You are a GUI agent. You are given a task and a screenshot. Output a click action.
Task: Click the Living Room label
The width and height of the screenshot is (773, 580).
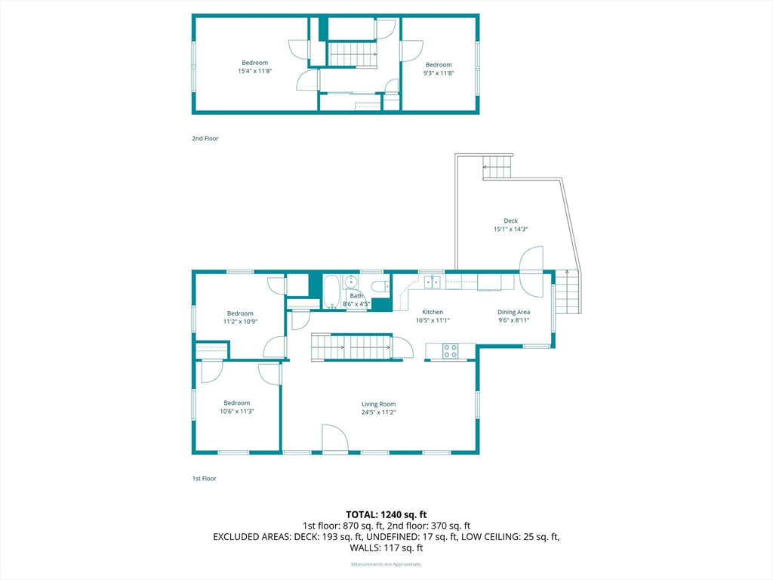point(378,404)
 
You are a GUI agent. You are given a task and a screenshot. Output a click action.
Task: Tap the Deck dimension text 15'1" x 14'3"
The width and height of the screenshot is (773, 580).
point(511,229)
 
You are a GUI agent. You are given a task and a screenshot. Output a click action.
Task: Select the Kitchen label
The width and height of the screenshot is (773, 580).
point(433,312)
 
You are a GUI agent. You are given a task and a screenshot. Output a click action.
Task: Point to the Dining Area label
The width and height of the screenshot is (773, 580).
point(513,312)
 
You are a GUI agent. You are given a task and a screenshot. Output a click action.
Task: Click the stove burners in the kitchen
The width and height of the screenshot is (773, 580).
point(450,350)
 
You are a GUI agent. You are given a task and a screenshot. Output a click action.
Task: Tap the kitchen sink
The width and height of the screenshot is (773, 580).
point(433,282)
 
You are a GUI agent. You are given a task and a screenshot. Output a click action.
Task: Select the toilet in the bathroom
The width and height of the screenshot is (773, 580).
point(380,286)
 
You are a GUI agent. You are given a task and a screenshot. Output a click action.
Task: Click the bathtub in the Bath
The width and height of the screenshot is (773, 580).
point(331,292)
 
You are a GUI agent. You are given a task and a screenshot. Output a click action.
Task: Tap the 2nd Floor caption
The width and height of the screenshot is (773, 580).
point(205,139)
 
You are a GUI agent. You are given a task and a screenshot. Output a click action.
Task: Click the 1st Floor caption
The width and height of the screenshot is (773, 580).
point(204,478)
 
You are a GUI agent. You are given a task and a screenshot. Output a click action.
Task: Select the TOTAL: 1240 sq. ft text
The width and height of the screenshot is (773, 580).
point(386,515)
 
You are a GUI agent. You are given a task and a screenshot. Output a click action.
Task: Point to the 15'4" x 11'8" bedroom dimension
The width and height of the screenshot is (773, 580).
point(255,71)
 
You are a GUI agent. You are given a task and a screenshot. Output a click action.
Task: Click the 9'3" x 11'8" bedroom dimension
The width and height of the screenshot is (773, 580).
point(439,73)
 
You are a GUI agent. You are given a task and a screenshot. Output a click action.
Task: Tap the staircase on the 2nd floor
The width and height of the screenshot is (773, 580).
point(353,54)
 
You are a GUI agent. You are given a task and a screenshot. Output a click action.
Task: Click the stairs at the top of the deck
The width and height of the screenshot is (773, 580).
point(497,167)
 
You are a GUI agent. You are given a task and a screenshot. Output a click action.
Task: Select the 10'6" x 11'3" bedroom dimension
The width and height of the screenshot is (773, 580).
point(236,412)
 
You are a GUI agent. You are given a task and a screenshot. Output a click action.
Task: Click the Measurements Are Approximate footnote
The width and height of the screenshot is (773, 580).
point(386,564)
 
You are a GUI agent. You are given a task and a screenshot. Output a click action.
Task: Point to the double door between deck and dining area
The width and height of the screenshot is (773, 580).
point(532,272)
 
